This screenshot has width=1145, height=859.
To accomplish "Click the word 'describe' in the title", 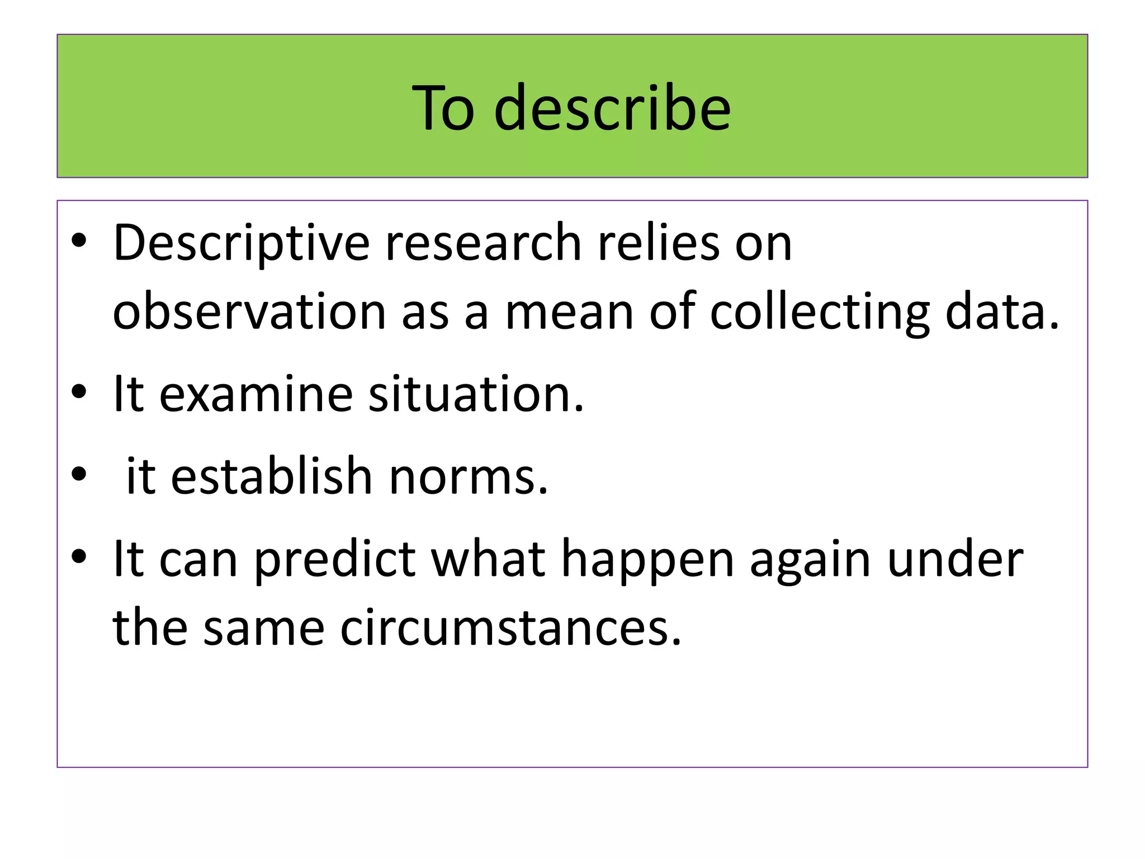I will (x=612, y=107).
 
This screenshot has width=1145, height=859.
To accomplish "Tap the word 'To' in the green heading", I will (x=443, y=107).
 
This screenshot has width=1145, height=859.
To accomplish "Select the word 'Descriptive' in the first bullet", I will (x=241, y=244).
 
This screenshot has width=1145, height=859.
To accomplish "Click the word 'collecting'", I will (x=820, y=312).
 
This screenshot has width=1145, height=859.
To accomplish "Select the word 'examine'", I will (x=256, y=394).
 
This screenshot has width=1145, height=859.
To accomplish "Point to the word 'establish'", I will (x=272, y=476).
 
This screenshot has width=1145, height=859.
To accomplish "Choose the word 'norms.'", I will (x=469, y=476).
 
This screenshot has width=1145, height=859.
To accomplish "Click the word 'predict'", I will (x=335, y=559).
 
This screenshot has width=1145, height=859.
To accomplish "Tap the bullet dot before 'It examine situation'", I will (x=79, y=392).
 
